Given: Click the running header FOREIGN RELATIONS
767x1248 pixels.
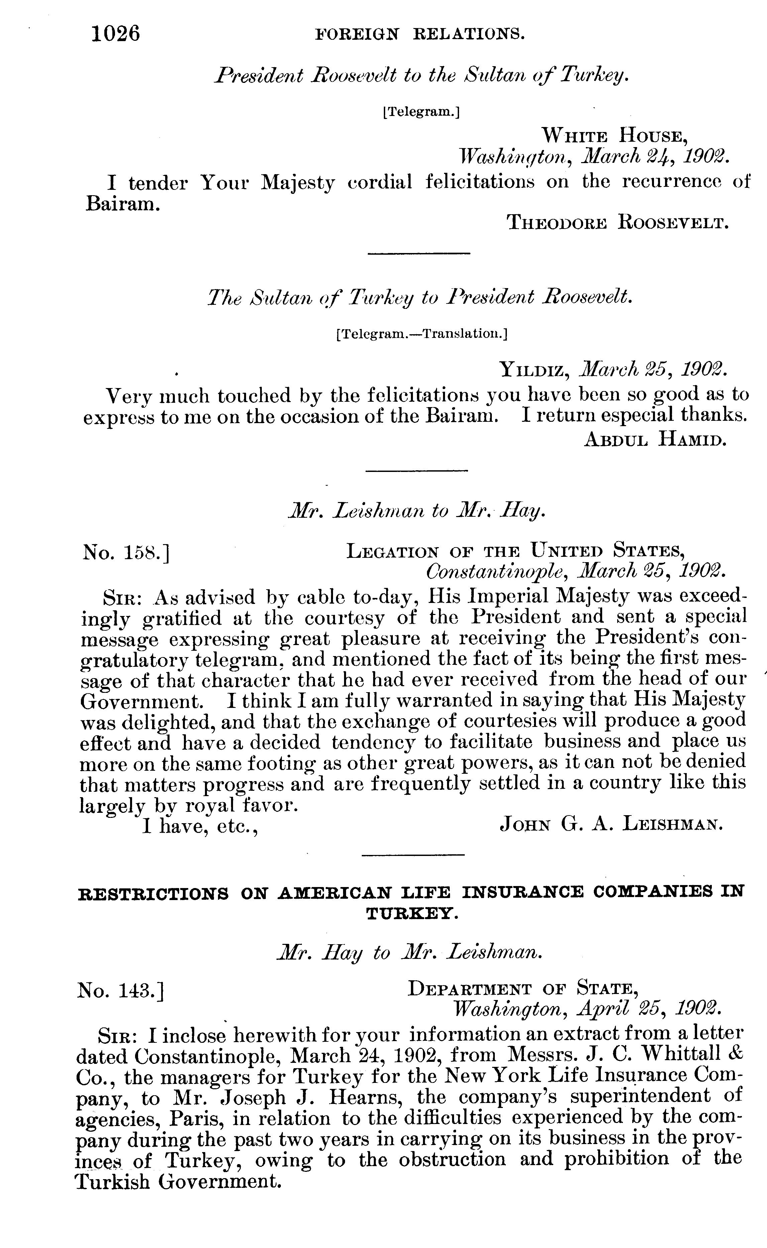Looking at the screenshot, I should pyautogui.click(x=420, y=34).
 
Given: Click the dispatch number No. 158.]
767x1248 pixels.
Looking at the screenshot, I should pyautogui.click(x=125, y=552).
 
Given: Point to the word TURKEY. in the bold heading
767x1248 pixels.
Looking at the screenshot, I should pyautogui.click(x=412, y=914).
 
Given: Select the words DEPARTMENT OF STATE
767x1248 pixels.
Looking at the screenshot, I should pyautogui.click(x=523, y=988).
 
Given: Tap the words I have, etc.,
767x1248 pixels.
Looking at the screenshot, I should pyautogui.click(x=200, y=827).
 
